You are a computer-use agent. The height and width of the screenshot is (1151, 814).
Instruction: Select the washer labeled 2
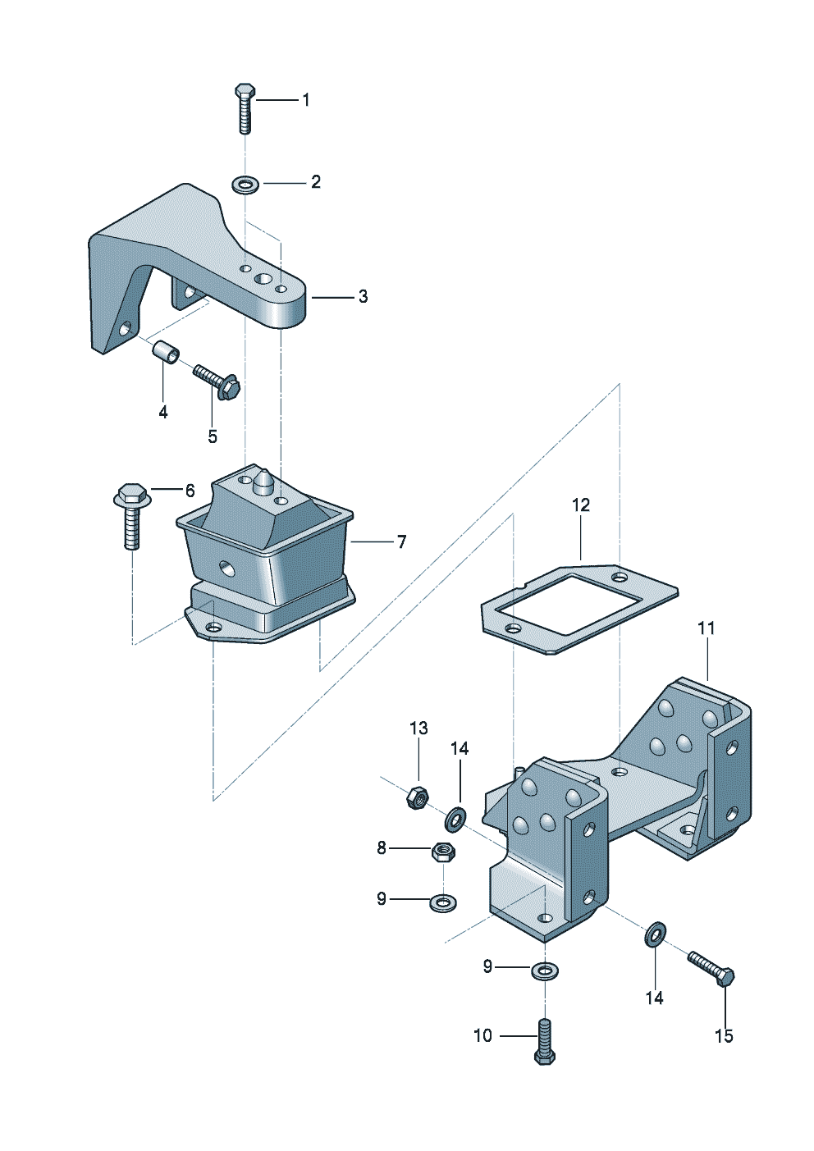coord(245,184)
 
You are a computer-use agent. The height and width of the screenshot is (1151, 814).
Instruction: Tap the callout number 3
coord(363,297)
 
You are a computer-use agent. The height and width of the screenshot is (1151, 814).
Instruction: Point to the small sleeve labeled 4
coord(167,354)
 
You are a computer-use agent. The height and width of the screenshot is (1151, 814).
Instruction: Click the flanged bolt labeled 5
coord(217,381)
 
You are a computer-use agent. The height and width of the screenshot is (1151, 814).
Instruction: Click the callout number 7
coord(401,542)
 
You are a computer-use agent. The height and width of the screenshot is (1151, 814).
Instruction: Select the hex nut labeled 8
coord(443,852)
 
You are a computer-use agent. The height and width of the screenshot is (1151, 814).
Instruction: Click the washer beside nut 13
coord(455,817)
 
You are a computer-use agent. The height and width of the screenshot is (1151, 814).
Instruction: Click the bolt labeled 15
coord(711,969)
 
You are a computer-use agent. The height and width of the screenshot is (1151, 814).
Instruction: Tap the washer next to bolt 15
coord(656,933)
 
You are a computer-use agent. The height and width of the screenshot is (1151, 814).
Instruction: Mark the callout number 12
coord(581,505)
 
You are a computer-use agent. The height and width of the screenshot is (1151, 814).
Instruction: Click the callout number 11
coord(706,628)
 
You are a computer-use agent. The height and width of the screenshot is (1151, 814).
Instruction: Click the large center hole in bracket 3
coord(263,280)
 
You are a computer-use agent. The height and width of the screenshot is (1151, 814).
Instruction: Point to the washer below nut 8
coord(443,902)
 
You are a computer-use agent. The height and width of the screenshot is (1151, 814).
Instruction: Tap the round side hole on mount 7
coord(226,568)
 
